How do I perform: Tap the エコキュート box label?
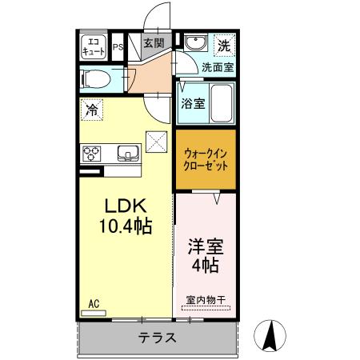(x=94, y=47)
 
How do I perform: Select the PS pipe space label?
(x=117, y=46)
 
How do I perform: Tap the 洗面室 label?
(x=217, y=68)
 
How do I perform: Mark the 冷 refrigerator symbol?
(x=93, y=110)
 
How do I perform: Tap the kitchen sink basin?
(x=128, y=152)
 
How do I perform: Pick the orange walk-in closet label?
(x=206, y=158)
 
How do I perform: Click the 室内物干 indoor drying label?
(x=206, y=300)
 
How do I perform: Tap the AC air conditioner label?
(x=93, y=303)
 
